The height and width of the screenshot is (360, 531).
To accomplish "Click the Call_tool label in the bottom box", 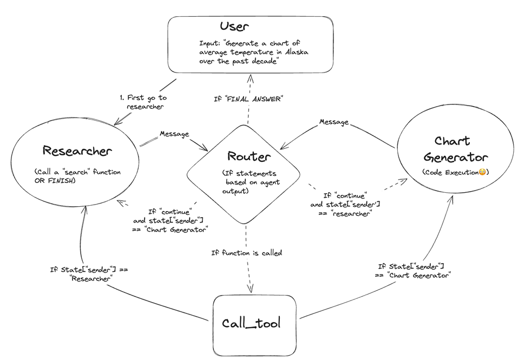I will (252, 323).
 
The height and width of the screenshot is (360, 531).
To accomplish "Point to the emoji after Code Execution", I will (482, 172).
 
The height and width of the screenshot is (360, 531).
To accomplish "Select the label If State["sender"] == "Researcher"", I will (81, 273).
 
